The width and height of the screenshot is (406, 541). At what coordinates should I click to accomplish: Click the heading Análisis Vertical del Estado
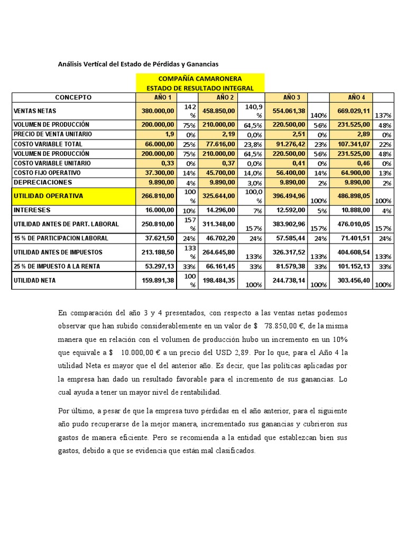tap(138, 64)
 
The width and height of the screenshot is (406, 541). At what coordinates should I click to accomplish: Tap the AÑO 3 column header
tap(291, 97)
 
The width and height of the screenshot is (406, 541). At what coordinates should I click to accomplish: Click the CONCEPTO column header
tap(73, 97)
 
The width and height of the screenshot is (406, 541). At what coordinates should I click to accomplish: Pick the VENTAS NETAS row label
tap(35, 111)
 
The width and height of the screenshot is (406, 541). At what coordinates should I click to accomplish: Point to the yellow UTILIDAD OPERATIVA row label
tap(48, 196)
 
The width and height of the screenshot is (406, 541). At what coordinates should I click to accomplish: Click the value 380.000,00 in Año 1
tap(158, 111)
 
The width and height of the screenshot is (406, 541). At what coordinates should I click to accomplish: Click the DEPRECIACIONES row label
tap(43, 182)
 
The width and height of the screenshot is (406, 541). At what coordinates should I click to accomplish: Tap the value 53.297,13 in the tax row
tap(158, 266)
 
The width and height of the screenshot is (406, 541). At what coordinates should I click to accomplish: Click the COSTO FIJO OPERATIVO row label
tap(47, 173)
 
